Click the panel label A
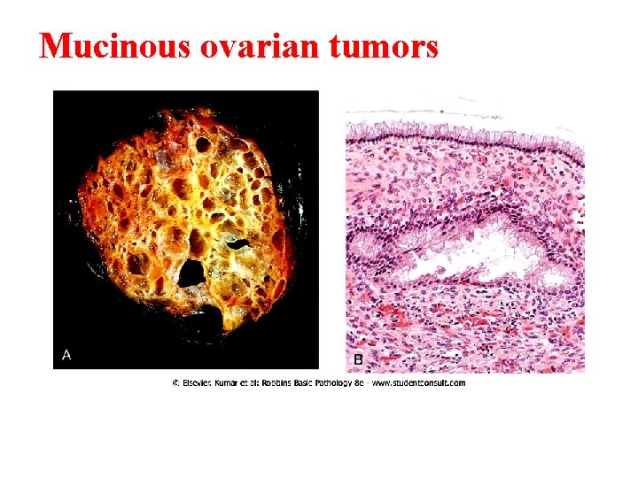coord(66,355)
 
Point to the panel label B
coord(358,359)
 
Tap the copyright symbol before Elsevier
coord(176,383)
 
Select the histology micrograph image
coord(464,239)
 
